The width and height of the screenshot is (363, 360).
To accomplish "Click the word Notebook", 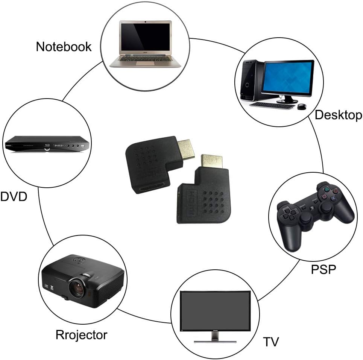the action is tap(64, 47).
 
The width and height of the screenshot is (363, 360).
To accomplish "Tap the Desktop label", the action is tap(338, 115).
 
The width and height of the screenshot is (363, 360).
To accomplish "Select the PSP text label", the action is tap(323, 269).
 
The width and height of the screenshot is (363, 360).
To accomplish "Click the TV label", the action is tap(271, 342).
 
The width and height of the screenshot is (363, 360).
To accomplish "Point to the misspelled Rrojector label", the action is tap(82, 335).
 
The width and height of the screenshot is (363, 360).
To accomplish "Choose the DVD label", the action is tap(14, 197).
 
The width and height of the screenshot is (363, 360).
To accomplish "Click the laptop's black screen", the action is tap(145, 37).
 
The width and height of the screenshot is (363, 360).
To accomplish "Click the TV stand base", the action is tap(215, 341).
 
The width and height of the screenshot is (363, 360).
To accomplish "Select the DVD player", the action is tap(47, 144).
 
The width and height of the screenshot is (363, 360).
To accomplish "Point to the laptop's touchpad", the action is tap(145, 64).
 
